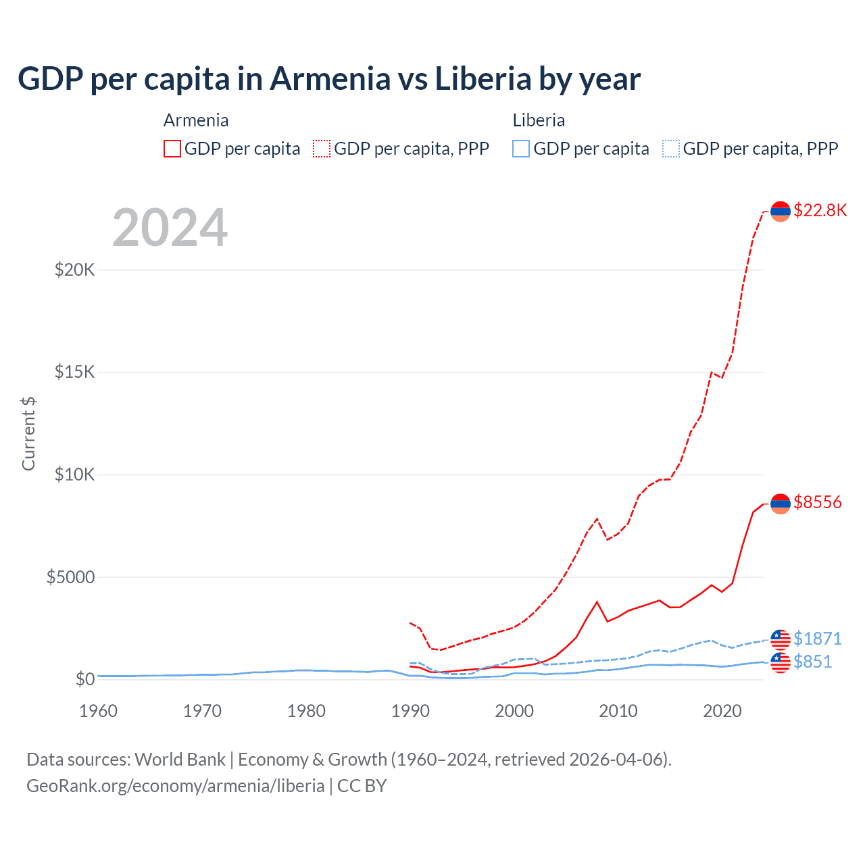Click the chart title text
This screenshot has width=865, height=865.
pos(329,79)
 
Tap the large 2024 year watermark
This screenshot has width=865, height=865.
pos(170,228)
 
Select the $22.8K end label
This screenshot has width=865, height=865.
pos(820,210)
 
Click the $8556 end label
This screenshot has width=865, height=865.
pos(817,502)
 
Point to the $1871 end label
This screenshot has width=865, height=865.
pos(817,639)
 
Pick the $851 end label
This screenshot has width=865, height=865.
pos(812,662)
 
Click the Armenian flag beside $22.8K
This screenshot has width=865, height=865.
pos(781,211)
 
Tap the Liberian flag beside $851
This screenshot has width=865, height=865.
pos(781,662)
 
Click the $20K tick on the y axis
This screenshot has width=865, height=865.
pos(74,270)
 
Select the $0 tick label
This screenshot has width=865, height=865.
pos(84,679)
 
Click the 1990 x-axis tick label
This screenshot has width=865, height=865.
pos(410,711)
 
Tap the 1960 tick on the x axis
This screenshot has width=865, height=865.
pos(99,711)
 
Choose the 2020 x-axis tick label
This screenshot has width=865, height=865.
pos(722,711)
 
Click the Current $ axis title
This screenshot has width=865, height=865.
pos(28,434)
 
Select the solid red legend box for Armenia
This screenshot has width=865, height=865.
pos(172,149)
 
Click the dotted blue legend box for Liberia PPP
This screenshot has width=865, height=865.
pos(671,149)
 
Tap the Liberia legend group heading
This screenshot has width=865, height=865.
pos(539,120)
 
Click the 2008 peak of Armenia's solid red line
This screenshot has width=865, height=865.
pos(597,601)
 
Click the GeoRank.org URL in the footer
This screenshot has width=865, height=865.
pos(176,786)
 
